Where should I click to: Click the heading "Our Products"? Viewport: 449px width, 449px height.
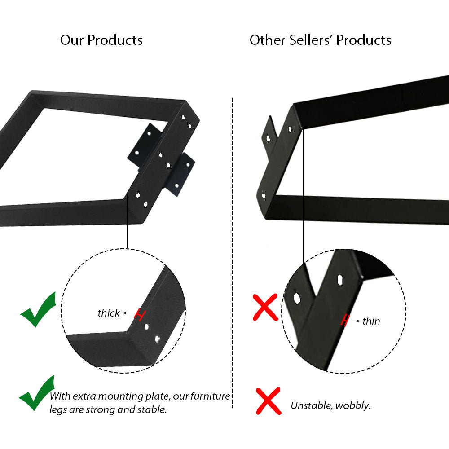point(101,40)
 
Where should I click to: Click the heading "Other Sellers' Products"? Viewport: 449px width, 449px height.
point(321,40)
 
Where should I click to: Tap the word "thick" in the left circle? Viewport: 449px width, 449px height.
point(109,313)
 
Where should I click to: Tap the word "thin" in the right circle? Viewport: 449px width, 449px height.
point(371,321)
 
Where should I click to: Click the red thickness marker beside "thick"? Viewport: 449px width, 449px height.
point(140,315)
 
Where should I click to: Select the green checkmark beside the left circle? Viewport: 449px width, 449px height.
point(38,310)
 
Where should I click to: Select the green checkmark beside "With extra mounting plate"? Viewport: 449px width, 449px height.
point(37,393)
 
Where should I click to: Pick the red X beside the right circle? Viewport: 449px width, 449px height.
point(265,307)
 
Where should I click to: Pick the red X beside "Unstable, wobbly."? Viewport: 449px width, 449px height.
point(269,401)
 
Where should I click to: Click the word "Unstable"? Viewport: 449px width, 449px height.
point(312,405)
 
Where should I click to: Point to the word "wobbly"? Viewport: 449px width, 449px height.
point(353,406)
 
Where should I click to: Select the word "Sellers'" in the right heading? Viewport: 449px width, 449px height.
point(310,40)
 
